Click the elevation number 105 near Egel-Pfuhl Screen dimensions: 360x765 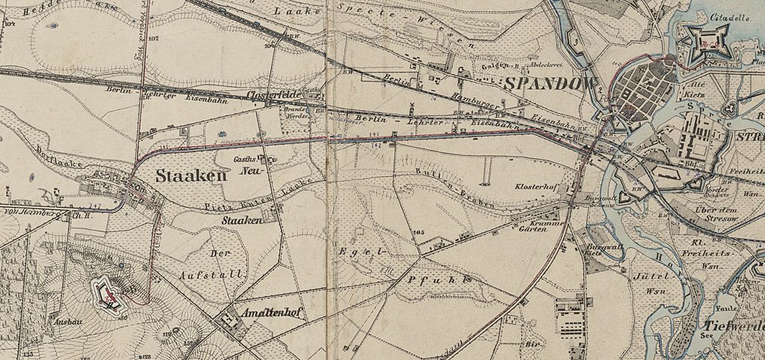click(418, 233)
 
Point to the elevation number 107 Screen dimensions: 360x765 click(153, 37)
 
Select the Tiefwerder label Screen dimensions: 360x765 click(733, 327)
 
